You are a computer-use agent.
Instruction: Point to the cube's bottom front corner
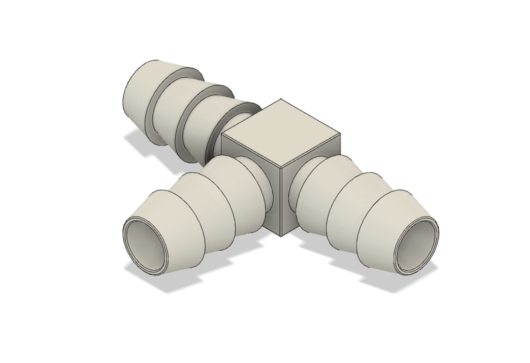click(x=281, y=236)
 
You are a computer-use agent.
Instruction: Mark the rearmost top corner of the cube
click(x=281, y=99)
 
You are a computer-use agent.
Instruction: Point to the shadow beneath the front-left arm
click(x=155, y=280)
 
